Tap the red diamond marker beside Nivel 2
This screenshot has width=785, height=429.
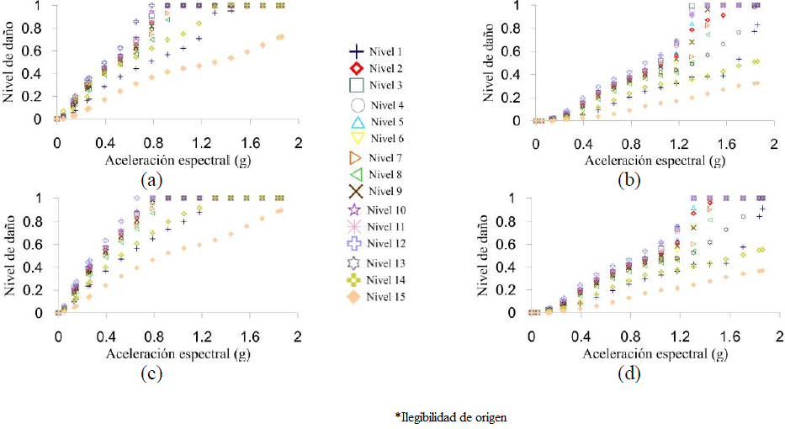click(355, 68)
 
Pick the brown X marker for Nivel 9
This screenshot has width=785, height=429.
click(355, 191)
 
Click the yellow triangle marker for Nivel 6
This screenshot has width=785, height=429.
click(355, 138)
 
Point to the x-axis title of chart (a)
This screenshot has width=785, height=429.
click(178, 159)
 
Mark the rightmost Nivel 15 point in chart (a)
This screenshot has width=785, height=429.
click(281, 37)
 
